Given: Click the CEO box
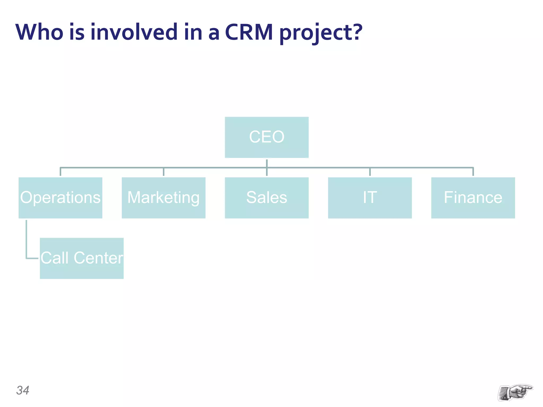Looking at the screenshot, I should [x=266, y=137].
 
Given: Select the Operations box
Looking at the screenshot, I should [x=60, y=198].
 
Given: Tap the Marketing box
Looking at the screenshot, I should [x=163, y=198].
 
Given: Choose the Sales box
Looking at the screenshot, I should [x=266, y=198].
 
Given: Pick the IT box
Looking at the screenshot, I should [x=370, y=198].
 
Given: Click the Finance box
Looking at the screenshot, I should [x=473, y=198].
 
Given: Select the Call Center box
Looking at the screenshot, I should [x=82, y=258].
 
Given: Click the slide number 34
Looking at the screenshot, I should [x=23, y=390].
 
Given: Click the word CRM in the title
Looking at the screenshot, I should [x=249, y=32].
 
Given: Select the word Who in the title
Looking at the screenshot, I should [x=39, y=32].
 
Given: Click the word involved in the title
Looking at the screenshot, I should [x=134, y=32].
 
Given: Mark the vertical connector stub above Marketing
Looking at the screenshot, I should [x=163, y=172].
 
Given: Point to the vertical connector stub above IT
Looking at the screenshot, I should [x=370, y=172].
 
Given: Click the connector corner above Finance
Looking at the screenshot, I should [x=473, y=168].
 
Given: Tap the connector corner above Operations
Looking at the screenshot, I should [x=60, y=168].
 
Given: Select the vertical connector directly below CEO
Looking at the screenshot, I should [x=266, y=163].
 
